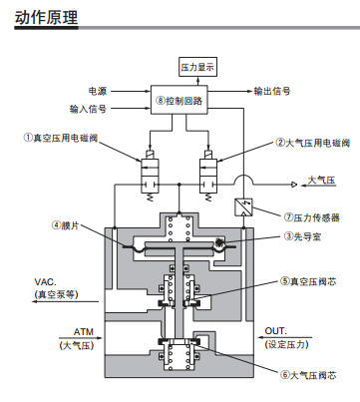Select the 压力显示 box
[x=196, y=66]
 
